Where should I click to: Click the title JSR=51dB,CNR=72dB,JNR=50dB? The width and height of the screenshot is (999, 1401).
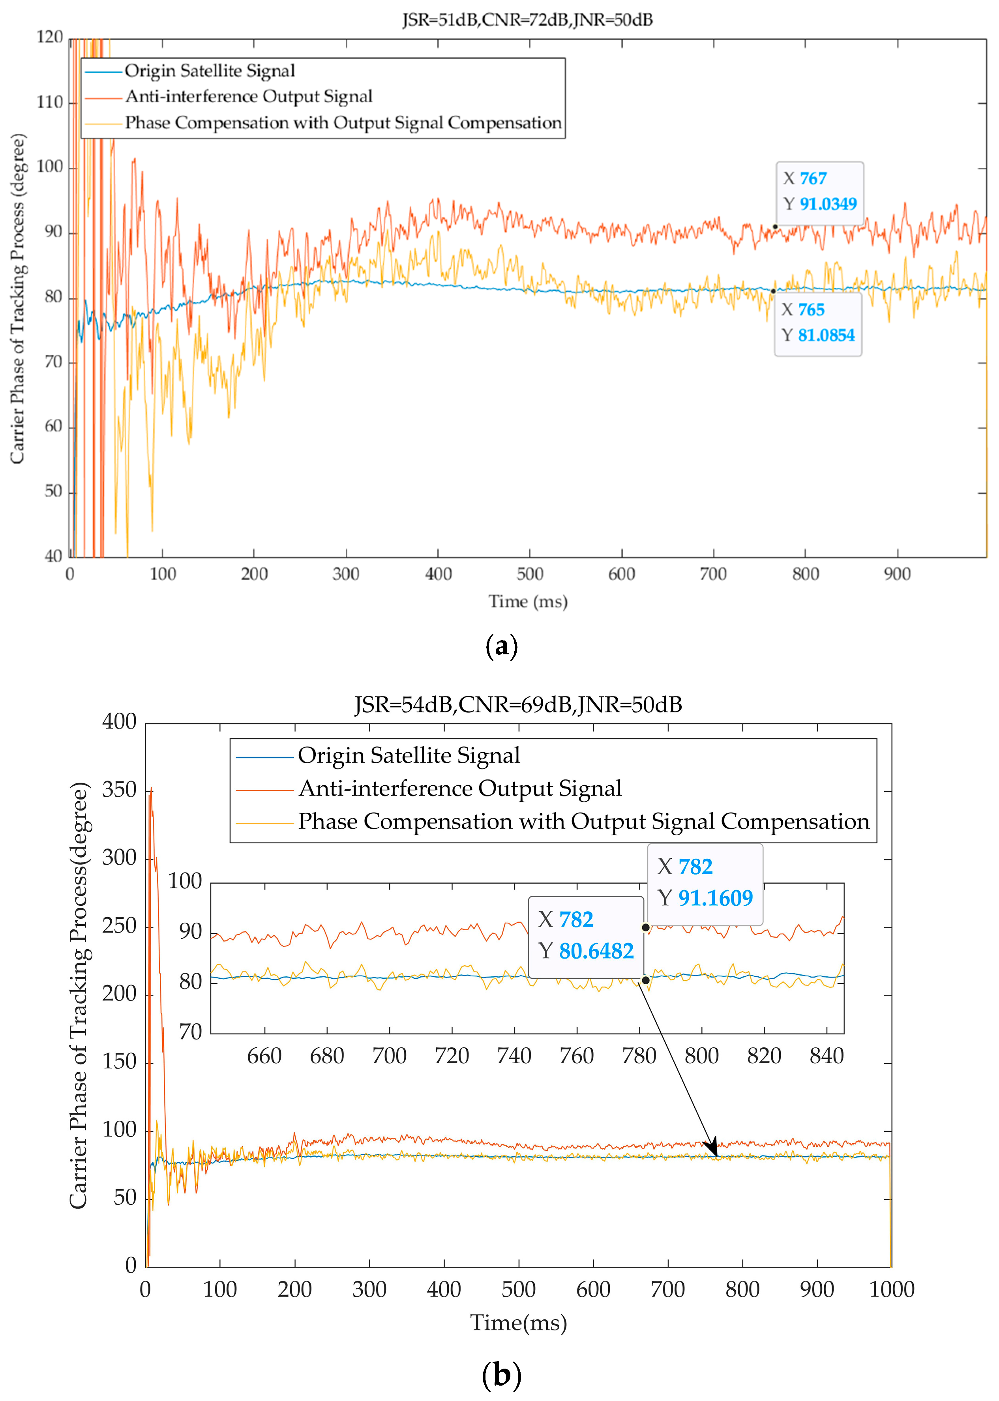(x=527, y=20)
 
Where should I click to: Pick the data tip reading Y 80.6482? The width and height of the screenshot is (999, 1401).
(x=586, y=936)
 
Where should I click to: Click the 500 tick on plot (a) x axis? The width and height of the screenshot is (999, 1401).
(x=530, y=575)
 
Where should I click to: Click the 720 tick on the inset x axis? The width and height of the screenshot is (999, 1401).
(x=452, y=1056)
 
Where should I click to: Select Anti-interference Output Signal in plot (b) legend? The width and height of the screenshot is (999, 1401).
(x=460, y=789)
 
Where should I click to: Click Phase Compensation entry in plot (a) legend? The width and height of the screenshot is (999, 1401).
(x=343, y=123)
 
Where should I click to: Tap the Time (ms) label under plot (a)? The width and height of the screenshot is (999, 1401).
(x=528, y=601)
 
